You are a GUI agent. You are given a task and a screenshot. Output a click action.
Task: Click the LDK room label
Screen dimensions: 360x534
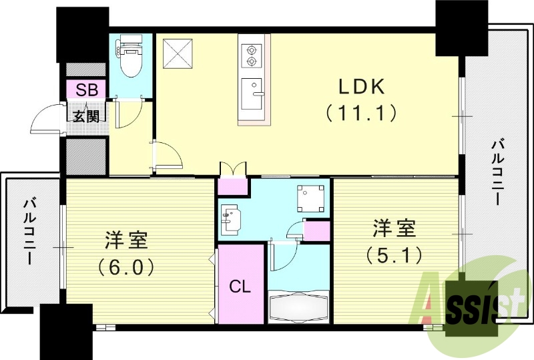click(x=361, y=87)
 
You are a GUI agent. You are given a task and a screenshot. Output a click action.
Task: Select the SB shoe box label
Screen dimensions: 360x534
click(x=85, y=89)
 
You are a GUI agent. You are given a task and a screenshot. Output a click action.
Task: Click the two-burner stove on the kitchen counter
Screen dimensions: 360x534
click(x=252, y=55)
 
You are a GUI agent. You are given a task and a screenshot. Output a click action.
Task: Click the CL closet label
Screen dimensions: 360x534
click(x=240, y=287)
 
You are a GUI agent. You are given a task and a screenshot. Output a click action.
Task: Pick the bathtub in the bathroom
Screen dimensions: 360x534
click(x=299, y=308)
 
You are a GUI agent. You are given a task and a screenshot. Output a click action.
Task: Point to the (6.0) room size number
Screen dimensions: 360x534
click(x=126, y=267)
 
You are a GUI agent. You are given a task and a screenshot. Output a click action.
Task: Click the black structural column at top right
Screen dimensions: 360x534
click(x=461, y=28)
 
